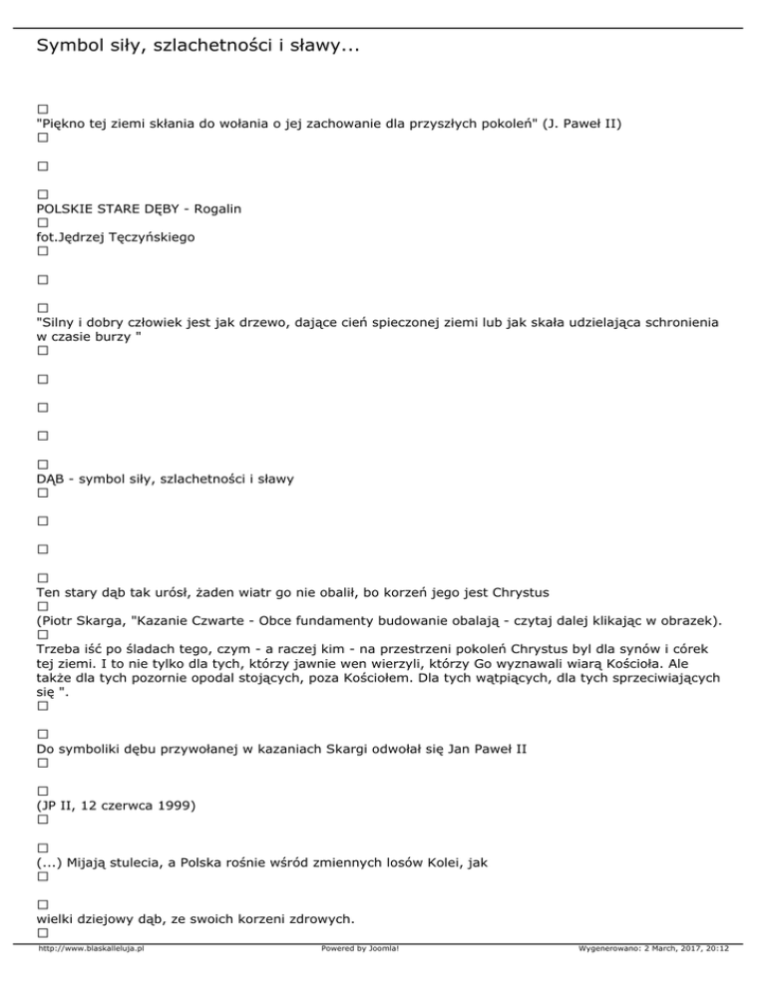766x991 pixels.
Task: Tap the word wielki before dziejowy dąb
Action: pos(55,917)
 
